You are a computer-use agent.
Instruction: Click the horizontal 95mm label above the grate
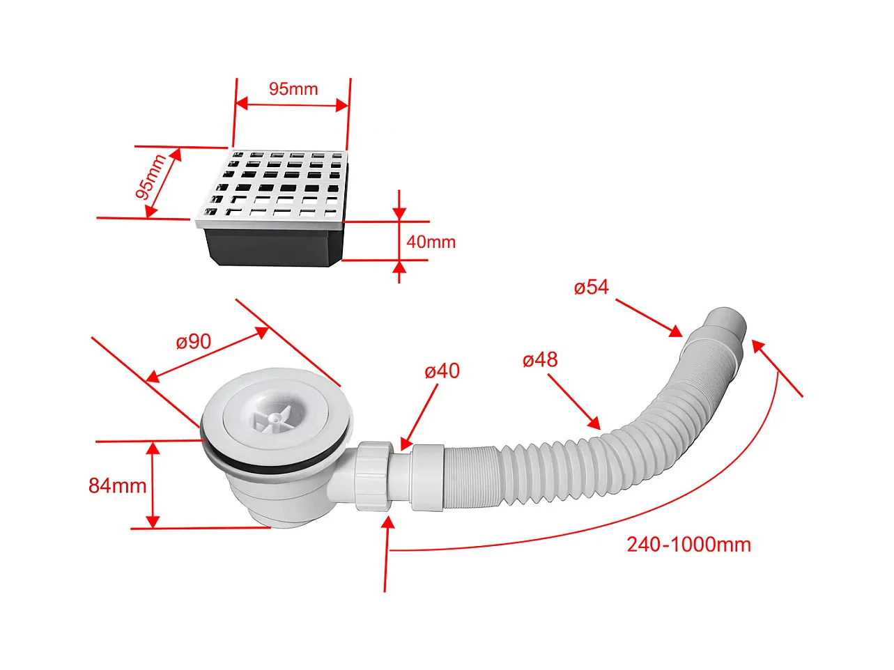tap(293, 89)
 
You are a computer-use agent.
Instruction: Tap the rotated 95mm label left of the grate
tap(151, 178)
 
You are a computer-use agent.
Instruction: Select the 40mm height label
tap(431, 242)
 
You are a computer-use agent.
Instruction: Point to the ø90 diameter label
tap(193, 341)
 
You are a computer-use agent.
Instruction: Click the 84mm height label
tap(117, 485)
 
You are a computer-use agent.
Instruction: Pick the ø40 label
tap(442, 371)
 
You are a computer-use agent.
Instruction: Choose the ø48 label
tap(540, 360)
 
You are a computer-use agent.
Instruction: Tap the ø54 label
tap(591, 287)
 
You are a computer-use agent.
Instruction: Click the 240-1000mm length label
tap(688, 545)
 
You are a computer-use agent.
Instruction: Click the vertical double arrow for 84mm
tap(153, 485)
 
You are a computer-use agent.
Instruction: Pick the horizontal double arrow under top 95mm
tap(291, 105)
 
